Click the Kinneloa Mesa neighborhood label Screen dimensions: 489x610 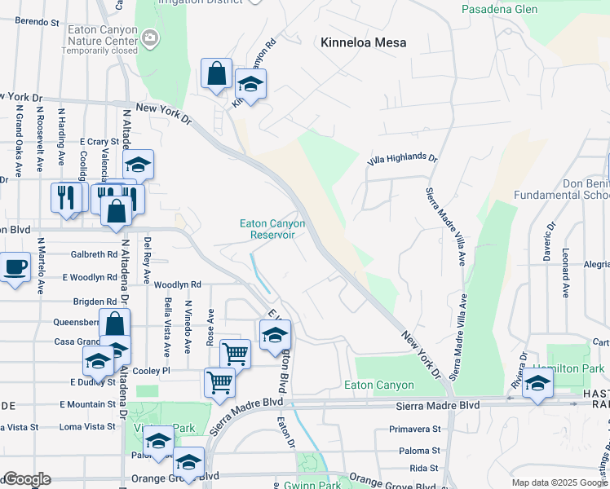[x=363, y=42]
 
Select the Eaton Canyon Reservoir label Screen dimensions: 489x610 [x=272, y=229]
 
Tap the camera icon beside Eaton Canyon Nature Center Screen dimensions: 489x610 [x=150, y=37]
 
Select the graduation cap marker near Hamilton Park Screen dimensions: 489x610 [x=537, y=383]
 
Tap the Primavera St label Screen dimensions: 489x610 [x=414, y=429]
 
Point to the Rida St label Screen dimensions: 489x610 [x=424, y=468]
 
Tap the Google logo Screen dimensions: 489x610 [x=26, y=479]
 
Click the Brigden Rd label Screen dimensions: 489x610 [x=95, y=301]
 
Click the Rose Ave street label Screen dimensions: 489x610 [x=211, y=326]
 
